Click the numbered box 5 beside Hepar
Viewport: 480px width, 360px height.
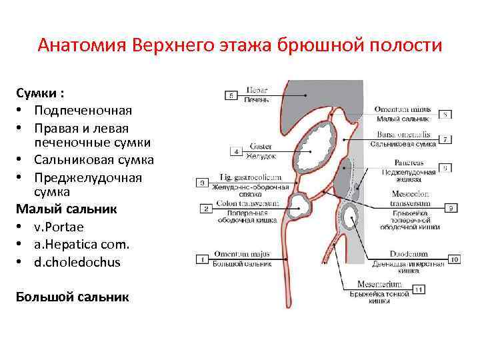[x=231, y=95]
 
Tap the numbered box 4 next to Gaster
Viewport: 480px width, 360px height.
[x=236, y=152]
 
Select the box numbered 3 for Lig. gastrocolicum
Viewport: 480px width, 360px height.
[x=203, y=182]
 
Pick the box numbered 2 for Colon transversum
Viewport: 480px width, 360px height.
[x=206, y=209]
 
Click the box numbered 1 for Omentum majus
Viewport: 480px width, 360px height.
[x=203, y=259]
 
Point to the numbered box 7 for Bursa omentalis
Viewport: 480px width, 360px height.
[x=445, y=139]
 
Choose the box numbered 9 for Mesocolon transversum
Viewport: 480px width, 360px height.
[x=451, y=208]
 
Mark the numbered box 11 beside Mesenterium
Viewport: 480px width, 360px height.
[x=419, y=289]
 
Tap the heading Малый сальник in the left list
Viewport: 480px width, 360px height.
[x=66, y=209]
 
